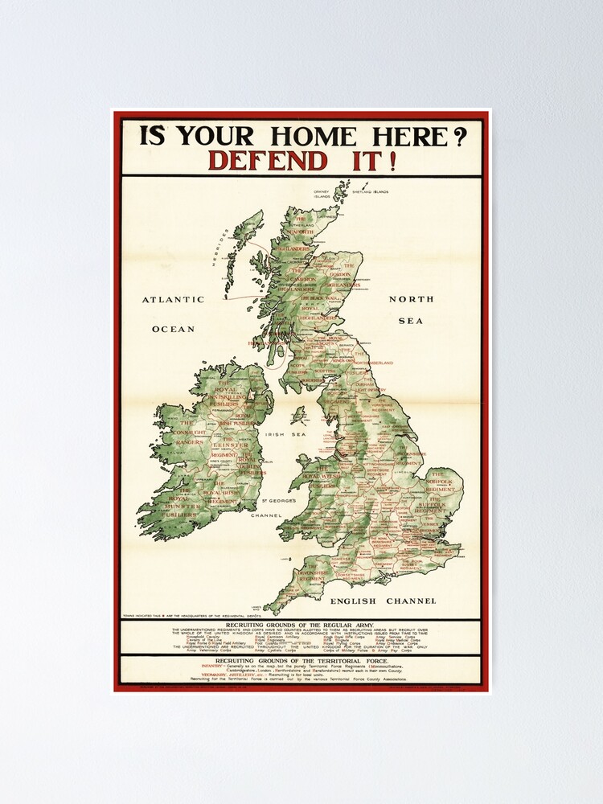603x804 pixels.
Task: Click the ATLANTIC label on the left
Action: [x=174, y=299]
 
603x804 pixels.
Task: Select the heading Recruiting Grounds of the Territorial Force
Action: [x=301, y=660]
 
